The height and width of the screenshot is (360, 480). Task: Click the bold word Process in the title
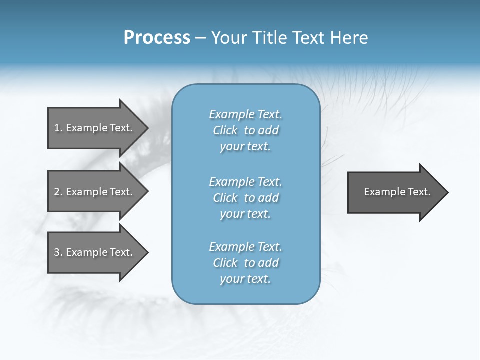tap(157, 38)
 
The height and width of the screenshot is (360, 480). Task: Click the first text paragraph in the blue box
tap(245, 130)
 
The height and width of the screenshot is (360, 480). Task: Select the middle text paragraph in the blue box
tap(245, 198)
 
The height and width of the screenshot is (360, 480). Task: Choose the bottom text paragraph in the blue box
tap(245, 263)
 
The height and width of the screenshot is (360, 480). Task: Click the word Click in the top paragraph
tap(225, 130)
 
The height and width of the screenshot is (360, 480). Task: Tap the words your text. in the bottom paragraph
tap(245, 279)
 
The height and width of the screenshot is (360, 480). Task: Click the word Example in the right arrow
tap(381, 192)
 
